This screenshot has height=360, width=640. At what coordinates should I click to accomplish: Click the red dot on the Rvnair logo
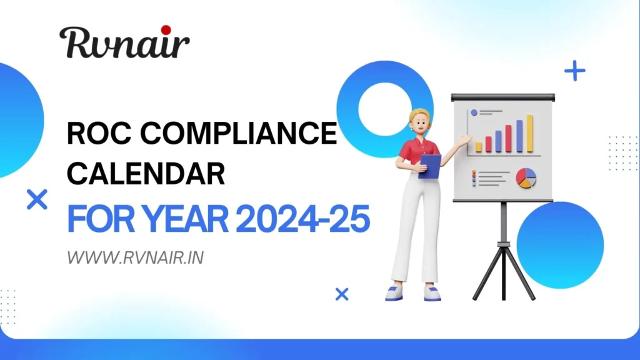click(x=166, y=30)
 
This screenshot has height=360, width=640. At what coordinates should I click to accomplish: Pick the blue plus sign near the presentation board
click(x=574, y=71)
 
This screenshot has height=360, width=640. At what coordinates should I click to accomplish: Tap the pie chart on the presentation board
click(x=526, y=177)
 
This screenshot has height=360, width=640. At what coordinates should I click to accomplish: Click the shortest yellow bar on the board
click(x=479, y=147)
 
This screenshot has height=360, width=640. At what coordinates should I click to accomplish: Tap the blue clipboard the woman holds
click(x=429, y=166)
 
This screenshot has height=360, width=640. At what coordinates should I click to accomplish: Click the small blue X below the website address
click(x=342, y=294)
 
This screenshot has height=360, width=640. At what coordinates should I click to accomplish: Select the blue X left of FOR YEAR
click(x=37, y=200)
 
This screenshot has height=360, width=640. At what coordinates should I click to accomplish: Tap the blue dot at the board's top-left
click(x=474, y=112)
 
